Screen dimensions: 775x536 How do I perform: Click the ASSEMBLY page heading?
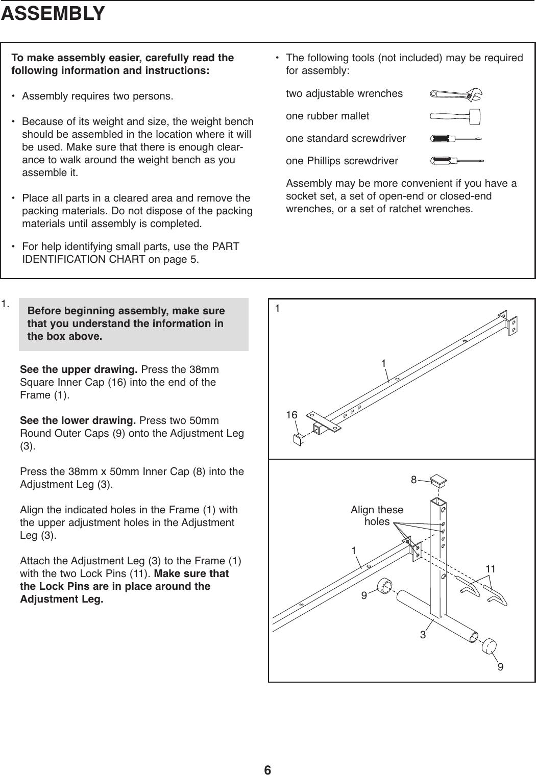click(53, 14)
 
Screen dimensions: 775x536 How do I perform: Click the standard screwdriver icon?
click(456, 138)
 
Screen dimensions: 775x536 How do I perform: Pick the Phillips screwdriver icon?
click(456, 161)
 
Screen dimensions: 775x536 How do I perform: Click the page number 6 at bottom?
click(267, 755)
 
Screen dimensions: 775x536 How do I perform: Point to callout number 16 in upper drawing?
click(291, 415)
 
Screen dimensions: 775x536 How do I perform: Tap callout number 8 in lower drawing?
click(414, 479)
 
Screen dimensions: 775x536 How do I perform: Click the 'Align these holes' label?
click(377, 516)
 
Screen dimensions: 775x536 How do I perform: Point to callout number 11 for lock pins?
click(491, 568)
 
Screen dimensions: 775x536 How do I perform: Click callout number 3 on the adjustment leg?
click(423, 635)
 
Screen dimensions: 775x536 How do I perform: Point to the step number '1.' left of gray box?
click(6, 305)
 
